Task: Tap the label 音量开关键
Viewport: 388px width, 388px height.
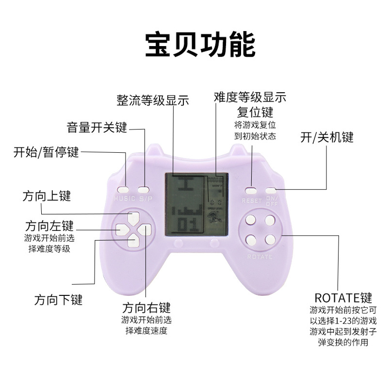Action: (x=97, y=128)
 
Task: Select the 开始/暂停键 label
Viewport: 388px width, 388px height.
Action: (x=46, y=153)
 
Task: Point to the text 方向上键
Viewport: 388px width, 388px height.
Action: (x=47, y=195)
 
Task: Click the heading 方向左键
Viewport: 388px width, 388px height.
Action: (x=49, y=226)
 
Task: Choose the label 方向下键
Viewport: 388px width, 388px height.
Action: (x=58, y=299)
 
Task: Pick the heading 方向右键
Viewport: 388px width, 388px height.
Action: (x=146, y=308)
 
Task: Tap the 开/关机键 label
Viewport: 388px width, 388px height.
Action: (x=327, y=137)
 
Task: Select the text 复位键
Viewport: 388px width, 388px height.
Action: (x=255, y=113)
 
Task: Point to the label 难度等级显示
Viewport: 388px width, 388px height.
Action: (x=250, y=97)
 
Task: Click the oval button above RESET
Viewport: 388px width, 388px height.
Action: (x=251, y=190)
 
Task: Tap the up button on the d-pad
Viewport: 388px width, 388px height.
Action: (x=133, y=216)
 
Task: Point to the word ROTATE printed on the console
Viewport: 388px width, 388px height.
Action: (x=259, y=256)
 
